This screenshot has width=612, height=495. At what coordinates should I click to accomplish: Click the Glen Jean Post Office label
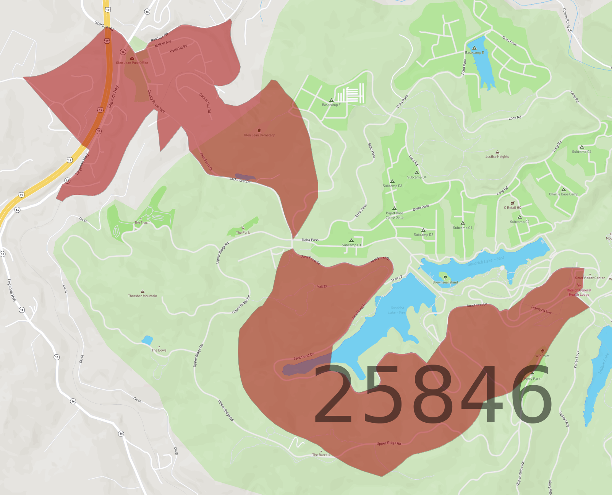132,63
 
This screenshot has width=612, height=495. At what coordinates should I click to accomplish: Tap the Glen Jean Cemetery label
259,135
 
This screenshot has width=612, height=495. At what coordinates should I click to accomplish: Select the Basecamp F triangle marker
331,100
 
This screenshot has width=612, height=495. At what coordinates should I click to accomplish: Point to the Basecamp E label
474,53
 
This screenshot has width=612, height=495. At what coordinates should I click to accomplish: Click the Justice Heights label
497,156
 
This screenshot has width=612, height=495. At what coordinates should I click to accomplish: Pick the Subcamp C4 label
581,152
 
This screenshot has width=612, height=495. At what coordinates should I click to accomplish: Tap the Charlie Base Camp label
563,194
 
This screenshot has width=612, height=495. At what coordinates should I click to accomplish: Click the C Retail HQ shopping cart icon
513,203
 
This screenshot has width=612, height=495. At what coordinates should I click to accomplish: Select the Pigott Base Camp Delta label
394,215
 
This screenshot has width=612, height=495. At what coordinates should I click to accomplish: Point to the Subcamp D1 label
351,245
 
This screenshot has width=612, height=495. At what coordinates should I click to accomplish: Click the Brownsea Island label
445,282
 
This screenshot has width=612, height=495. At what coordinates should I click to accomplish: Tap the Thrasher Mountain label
142,296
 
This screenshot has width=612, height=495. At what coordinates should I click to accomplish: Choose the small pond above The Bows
147,340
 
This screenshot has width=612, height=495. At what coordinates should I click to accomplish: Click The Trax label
141,223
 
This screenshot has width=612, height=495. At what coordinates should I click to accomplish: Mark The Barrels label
321,455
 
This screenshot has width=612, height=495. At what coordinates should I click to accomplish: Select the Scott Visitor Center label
590,278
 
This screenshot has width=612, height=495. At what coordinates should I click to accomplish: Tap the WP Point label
542,356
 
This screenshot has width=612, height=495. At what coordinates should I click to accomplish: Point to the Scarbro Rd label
104,26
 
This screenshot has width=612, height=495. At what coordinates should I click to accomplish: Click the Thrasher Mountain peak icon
142,291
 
